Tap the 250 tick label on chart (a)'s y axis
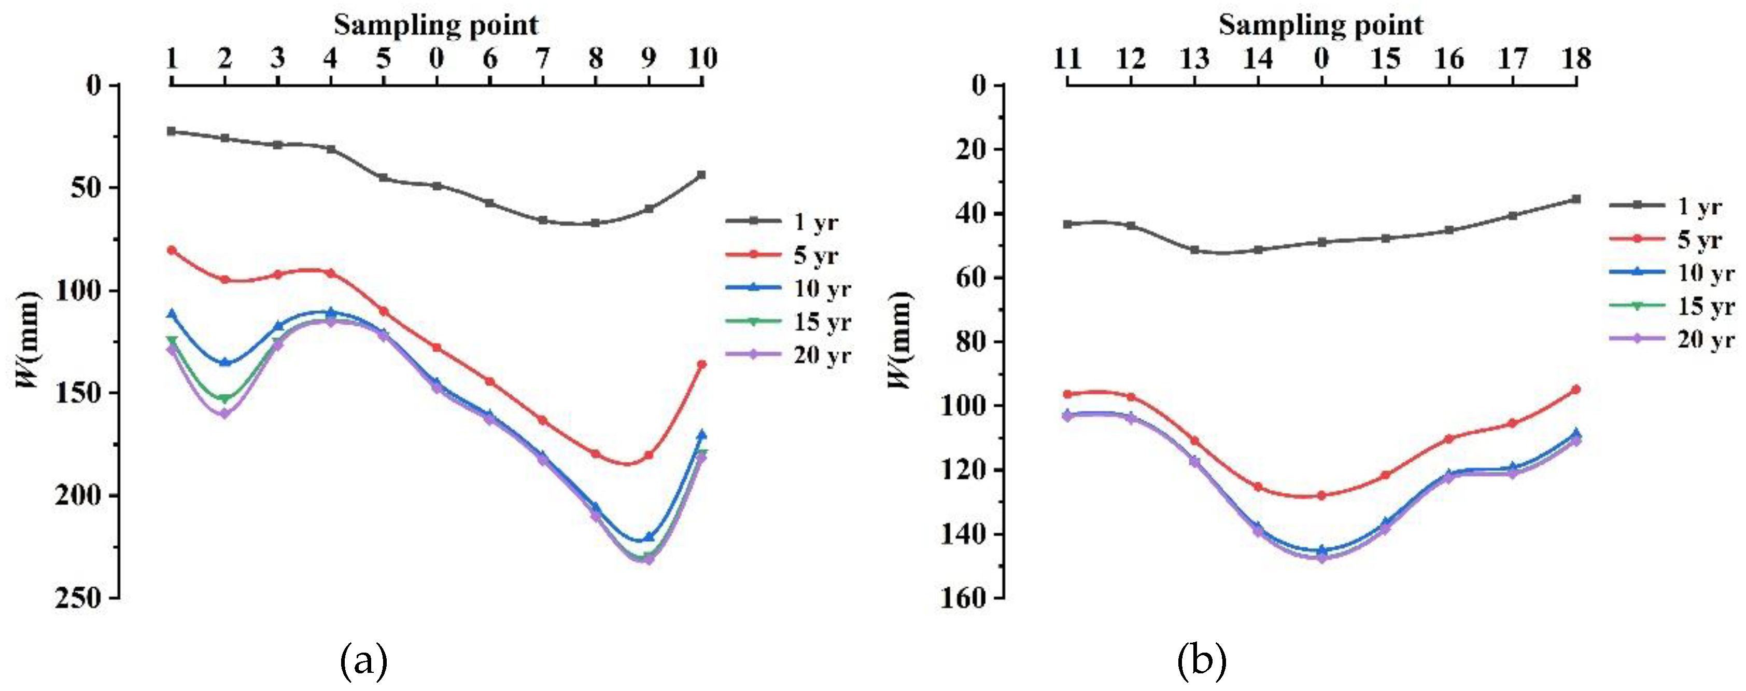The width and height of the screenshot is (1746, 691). [77, 598]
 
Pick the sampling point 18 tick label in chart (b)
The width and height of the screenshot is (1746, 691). [1576, 58]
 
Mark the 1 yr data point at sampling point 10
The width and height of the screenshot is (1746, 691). [701, 174]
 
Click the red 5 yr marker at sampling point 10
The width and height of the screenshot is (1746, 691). [701, 364]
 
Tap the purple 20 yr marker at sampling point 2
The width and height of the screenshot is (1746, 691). [224, 413]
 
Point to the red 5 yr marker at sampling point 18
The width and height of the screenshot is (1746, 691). [1576, 389]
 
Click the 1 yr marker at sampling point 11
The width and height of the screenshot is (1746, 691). [1067, 224]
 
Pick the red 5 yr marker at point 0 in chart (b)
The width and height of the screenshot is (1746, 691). [1321, 495]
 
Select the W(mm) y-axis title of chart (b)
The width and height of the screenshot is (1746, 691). [900, 339]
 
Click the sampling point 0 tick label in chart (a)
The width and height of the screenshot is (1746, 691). [436, 58]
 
